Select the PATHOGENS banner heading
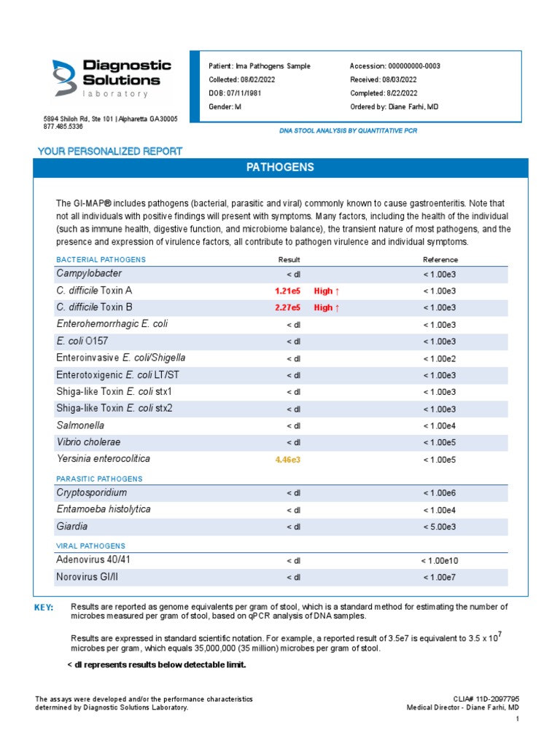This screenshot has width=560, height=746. click(280, 168)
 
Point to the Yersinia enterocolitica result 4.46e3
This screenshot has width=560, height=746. click(287, 460)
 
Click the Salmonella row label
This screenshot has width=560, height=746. click(80, 425)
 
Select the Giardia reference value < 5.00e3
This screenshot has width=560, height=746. click(440, 527)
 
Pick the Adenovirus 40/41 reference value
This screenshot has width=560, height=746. click(440, 561)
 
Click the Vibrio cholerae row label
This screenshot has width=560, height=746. click(88, 442)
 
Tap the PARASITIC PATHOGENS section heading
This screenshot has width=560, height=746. click(99, 479)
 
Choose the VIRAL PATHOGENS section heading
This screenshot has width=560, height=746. click(90, 546)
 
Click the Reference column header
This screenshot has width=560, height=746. click(440, 260)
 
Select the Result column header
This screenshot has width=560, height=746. click(289, 260)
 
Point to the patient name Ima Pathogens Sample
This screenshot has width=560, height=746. click(260, 66)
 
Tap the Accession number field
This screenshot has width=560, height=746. click(394, 66)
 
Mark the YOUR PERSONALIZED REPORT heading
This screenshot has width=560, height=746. click(109, 152)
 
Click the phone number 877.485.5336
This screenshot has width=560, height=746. click(63, 127)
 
